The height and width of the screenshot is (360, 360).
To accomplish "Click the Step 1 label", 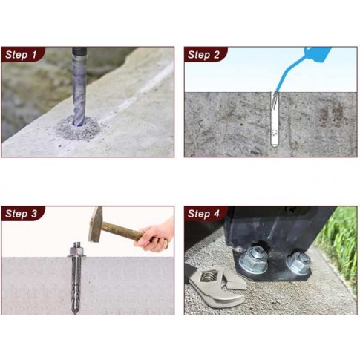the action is (21, 55).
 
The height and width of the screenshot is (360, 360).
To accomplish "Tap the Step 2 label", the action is (203, 55).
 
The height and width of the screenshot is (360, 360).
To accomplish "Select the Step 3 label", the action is (21, 214).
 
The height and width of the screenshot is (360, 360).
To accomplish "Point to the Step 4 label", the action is (203, 214).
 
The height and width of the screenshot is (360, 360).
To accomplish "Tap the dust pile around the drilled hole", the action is (78, 129).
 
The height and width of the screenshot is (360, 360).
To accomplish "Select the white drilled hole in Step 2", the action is (275, 120).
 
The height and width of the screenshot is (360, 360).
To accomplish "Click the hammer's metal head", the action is (96, 224).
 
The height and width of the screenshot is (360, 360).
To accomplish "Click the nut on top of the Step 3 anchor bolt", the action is (76, 251).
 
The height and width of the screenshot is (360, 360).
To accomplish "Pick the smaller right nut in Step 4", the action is (298, 262).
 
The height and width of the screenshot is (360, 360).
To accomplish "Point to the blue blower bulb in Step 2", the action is (317, 54).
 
